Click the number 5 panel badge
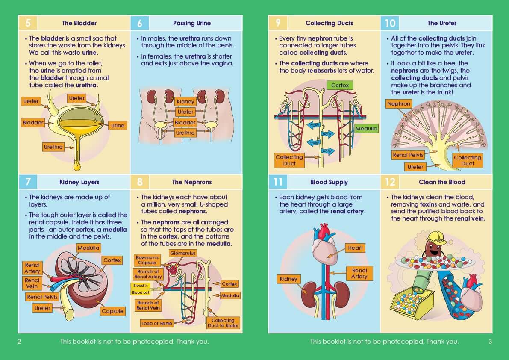pos(27,23)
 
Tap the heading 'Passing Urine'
pos(192,23)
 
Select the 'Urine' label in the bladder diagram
pos(118,125)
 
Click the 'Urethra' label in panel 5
pos(53,147)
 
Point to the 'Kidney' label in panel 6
pos(185,101)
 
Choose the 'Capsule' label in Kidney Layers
pos(112,311)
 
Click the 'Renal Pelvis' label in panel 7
pos(42,297)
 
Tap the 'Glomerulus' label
pos(183,253)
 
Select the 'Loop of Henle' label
pos(157,323)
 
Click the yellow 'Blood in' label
pos(141,286)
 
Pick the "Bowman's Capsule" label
pos(147,260)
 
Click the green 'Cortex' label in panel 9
pos(340,85)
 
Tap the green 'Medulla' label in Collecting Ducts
pos(366,128)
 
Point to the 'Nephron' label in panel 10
pos(399,104)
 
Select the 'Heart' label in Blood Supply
pos(355,248)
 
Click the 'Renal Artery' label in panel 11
pos(359,273)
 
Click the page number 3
pos(490,341)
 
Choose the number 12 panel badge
pos(390,182)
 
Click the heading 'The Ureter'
pos(442,23)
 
